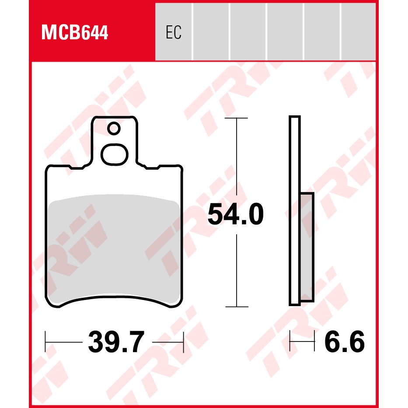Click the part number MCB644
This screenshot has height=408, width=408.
coord(74,32)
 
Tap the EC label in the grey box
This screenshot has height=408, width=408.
coord(174,32)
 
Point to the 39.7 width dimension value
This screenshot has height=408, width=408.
coord(116,342)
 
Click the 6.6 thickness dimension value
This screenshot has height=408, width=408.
coord(345,342)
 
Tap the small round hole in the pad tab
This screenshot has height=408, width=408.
coord(114,129)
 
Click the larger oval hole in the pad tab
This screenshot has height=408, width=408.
coord(115,154)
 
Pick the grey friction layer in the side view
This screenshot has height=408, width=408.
coord(307,247)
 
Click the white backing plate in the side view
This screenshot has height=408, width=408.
coord(295,210)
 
